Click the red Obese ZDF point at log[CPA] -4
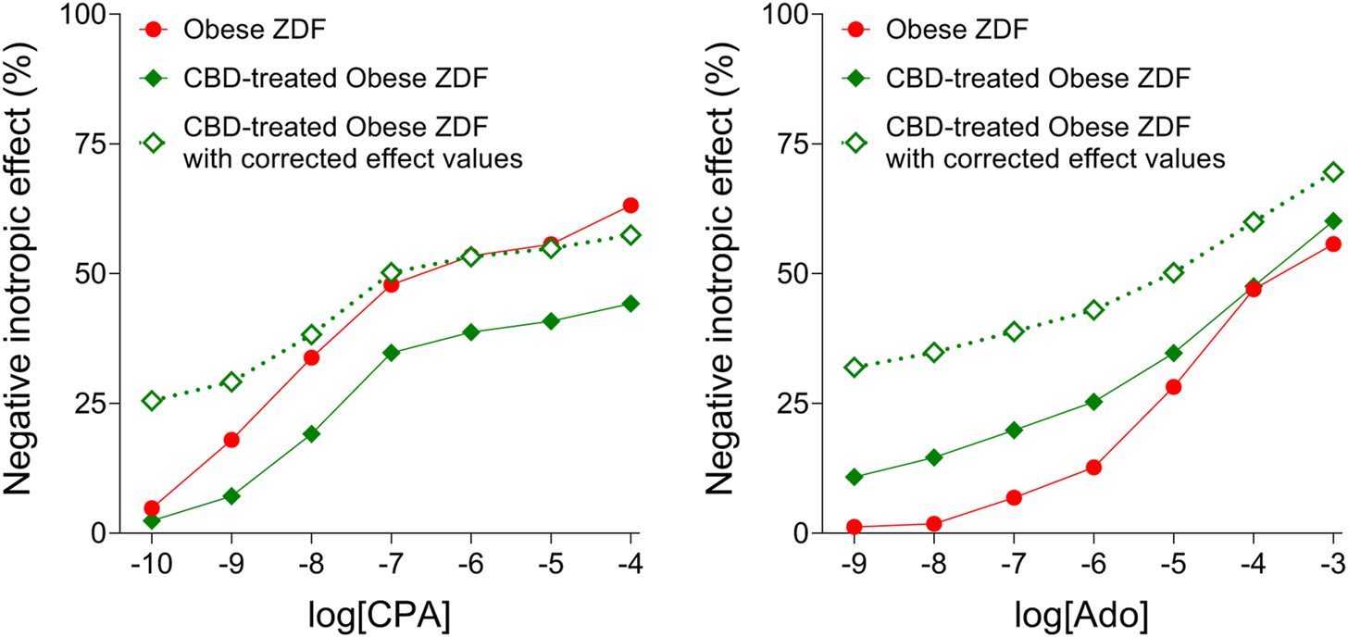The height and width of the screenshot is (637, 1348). pyautogui.click(x=630, y=205)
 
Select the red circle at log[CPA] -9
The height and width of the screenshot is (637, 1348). pyautogui.click(x=231, y=440)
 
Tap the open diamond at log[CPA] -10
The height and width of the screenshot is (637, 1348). pyautogui.click(x=152, y=401)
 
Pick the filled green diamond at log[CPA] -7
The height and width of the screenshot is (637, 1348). pyautogui.click(x=391, y=353)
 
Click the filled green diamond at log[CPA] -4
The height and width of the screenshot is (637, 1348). pyautogui.click(x=630, y=304)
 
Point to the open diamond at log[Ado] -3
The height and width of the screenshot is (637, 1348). pyautogui.click(x=1333, y=172)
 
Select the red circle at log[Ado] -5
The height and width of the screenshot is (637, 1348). pyautogui.click(x=1173, y=387)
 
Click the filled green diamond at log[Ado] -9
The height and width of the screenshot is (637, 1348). pyautogui.click(x=854, y=477)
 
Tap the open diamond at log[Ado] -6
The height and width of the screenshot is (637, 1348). pyautogui.click(x=1093, y=310)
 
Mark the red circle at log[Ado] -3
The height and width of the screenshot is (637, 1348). pyautogui.click(x=1333, y=244)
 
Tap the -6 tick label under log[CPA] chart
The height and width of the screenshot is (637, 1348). pyautogui.click(x=470, y=562)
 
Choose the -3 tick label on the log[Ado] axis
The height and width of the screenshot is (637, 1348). pyautogui.click(x=1331, y=562)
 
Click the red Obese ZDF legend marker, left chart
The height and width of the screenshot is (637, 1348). pyautogui.click(x=153, y=30)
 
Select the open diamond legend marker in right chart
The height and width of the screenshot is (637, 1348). pyautogui.click(x=855, y=143)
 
